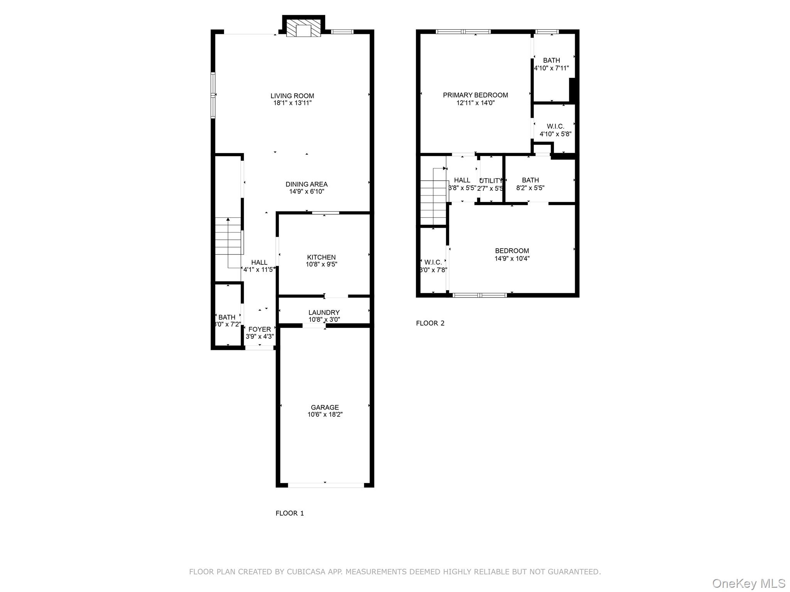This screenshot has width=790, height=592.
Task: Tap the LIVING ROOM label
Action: click(292, 96)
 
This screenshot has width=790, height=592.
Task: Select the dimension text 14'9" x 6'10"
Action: click(307, 192)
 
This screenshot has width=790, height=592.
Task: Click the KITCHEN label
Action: click(321, 257)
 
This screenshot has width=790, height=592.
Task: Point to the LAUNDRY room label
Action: click(324, 313)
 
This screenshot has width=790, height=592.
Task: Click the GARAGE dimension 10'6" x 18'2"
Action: click(325, 415)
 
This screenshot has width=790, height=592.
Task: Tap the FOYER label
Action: click(260, 330)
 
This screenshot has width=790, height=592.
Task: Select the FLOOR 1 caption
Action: click(290, 513)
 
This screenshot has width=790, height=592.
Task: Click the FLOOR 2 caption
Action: click(430, 323)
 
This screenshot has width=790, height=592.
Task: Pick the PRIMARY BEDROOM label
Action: click(475, 95)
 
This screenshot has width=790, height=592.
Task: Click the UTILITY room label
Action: click(491, 181)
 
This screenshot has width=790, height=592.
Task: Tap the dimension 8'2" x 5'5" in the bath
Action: click(530, 188)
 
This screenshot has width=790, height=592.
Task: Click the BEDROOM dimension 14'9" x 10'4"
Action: click(512, 259)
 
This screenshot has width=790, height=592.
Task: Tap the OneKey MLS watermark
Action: click(748, 583)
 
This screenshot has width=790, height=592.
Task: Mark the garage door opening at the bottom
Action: click(326, 485)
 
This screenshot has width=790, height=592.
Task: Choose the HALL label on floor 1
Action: click(259, 262)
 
